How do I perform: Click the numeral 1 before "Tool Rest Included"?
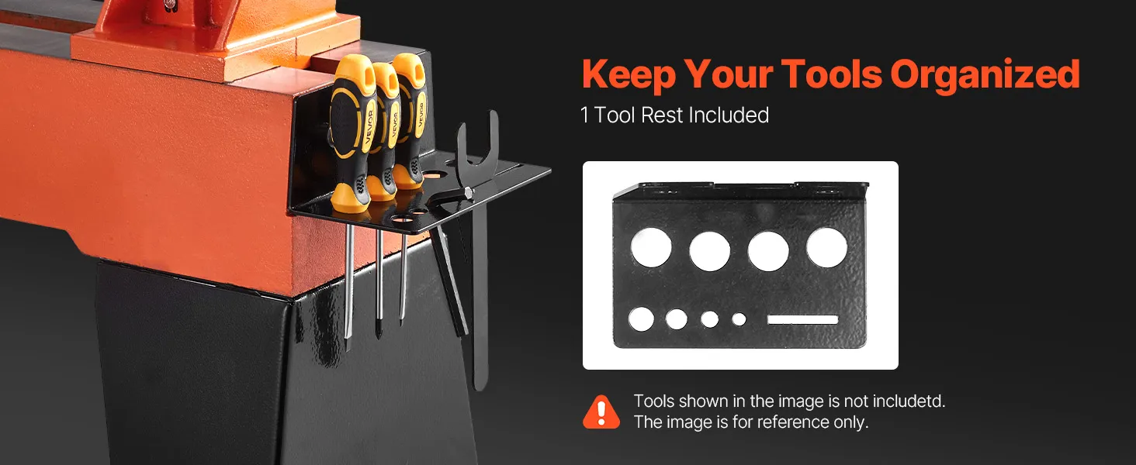coord(585,115)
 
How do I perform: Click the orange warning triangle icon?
coord(601,412)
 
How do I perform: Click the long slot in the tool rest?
coord(802,319)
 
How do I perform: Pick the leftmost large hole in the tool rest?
coord(651,247)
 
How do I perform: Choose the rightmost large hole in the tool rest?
coord(826,247)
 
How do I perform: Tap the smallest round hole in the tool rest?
coord(739,319)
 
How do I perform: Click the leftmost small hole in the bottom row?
coord(641,319)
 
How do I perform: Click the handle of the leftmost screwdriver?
coord(349,132)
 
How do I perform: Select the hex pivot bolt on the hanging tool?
coord(467,192)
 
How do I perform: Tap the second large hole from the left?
coord(709,251)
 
